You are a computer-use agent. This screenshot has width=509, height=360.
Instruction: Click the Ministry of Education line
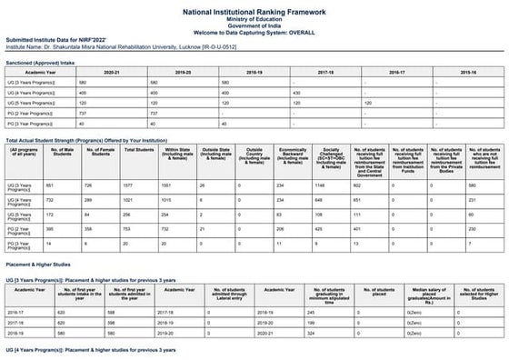254,20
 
